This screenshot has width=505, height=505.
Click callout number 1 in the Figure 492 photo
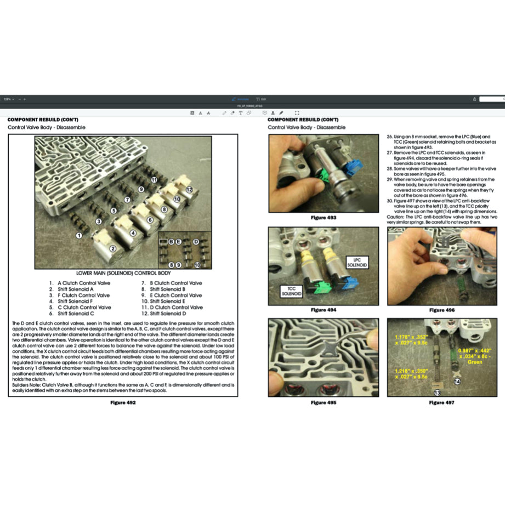pos(79,235)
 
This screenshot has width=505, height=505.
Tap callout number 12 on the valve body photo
pos(189,189)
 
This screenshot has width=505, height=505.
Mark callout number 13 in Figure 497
pos(437,393)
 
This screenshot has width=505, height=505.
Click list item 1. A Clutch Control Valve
pos(80,283)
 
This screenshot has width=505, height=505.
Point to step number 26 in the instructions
pos(390,136)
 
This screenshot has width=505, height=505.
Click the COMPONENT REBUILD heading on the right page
pos(303,120)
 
